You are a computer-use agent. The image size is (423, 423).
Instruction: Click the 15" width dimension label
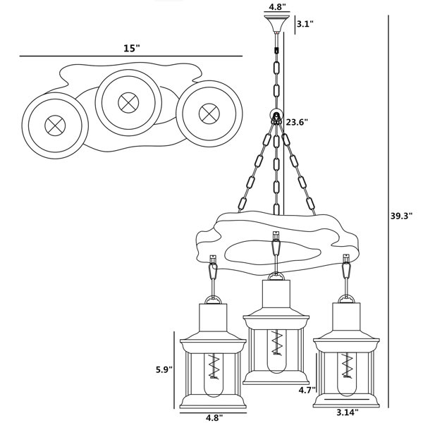(132, 49)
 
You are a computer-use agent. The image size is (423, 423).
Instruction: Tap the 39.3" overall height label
(402, 216)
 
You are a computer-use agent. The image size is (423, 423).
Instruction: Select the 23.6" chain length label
(297, 122)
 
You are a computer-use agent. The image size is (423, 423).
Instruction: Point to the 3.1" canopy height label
(305, 24)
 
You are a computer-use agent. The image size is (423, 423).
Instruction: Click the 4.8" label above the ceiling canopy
(277, 6)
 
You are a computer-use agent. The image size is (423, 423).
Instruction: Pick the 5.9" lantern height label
(164, 369)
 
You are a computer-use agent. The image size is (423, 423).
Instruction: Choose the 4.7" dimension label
(307, 390)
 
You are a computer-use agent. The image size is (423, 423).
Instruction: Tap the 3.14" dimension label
(348, 412)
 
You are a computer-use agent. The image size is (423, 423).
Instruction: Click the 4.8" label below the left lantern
(214, 417)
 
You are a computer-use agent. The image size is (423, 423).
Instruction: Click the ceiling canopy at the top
(276, 23)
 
